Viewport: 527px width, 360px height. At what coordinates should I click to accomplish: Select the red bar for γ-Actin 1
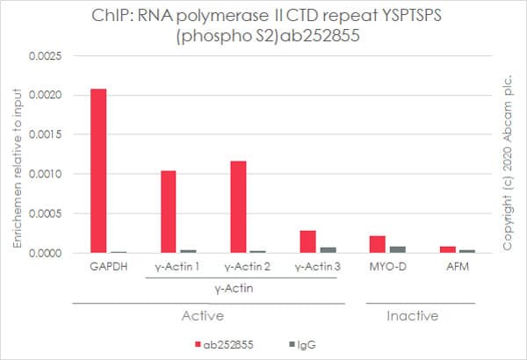coord(169,212)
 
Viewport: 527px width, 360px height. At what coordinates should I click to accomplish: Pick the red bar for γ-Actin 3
coord(307,242)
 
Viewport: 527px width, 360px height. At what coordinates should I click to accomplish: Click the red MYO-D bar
coord(378,244)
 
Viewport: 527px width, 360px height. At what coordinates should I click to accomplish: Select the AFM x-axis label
coord(455,267)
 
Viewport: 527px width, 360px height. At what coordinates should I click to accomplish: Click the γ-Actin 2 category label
coord(245,267)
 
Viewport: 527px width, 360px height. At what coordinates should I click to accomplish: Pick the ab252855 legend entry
coord(232,345)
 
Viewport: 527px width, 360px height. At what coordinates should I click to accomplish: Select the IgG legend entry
coord(303,345)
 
